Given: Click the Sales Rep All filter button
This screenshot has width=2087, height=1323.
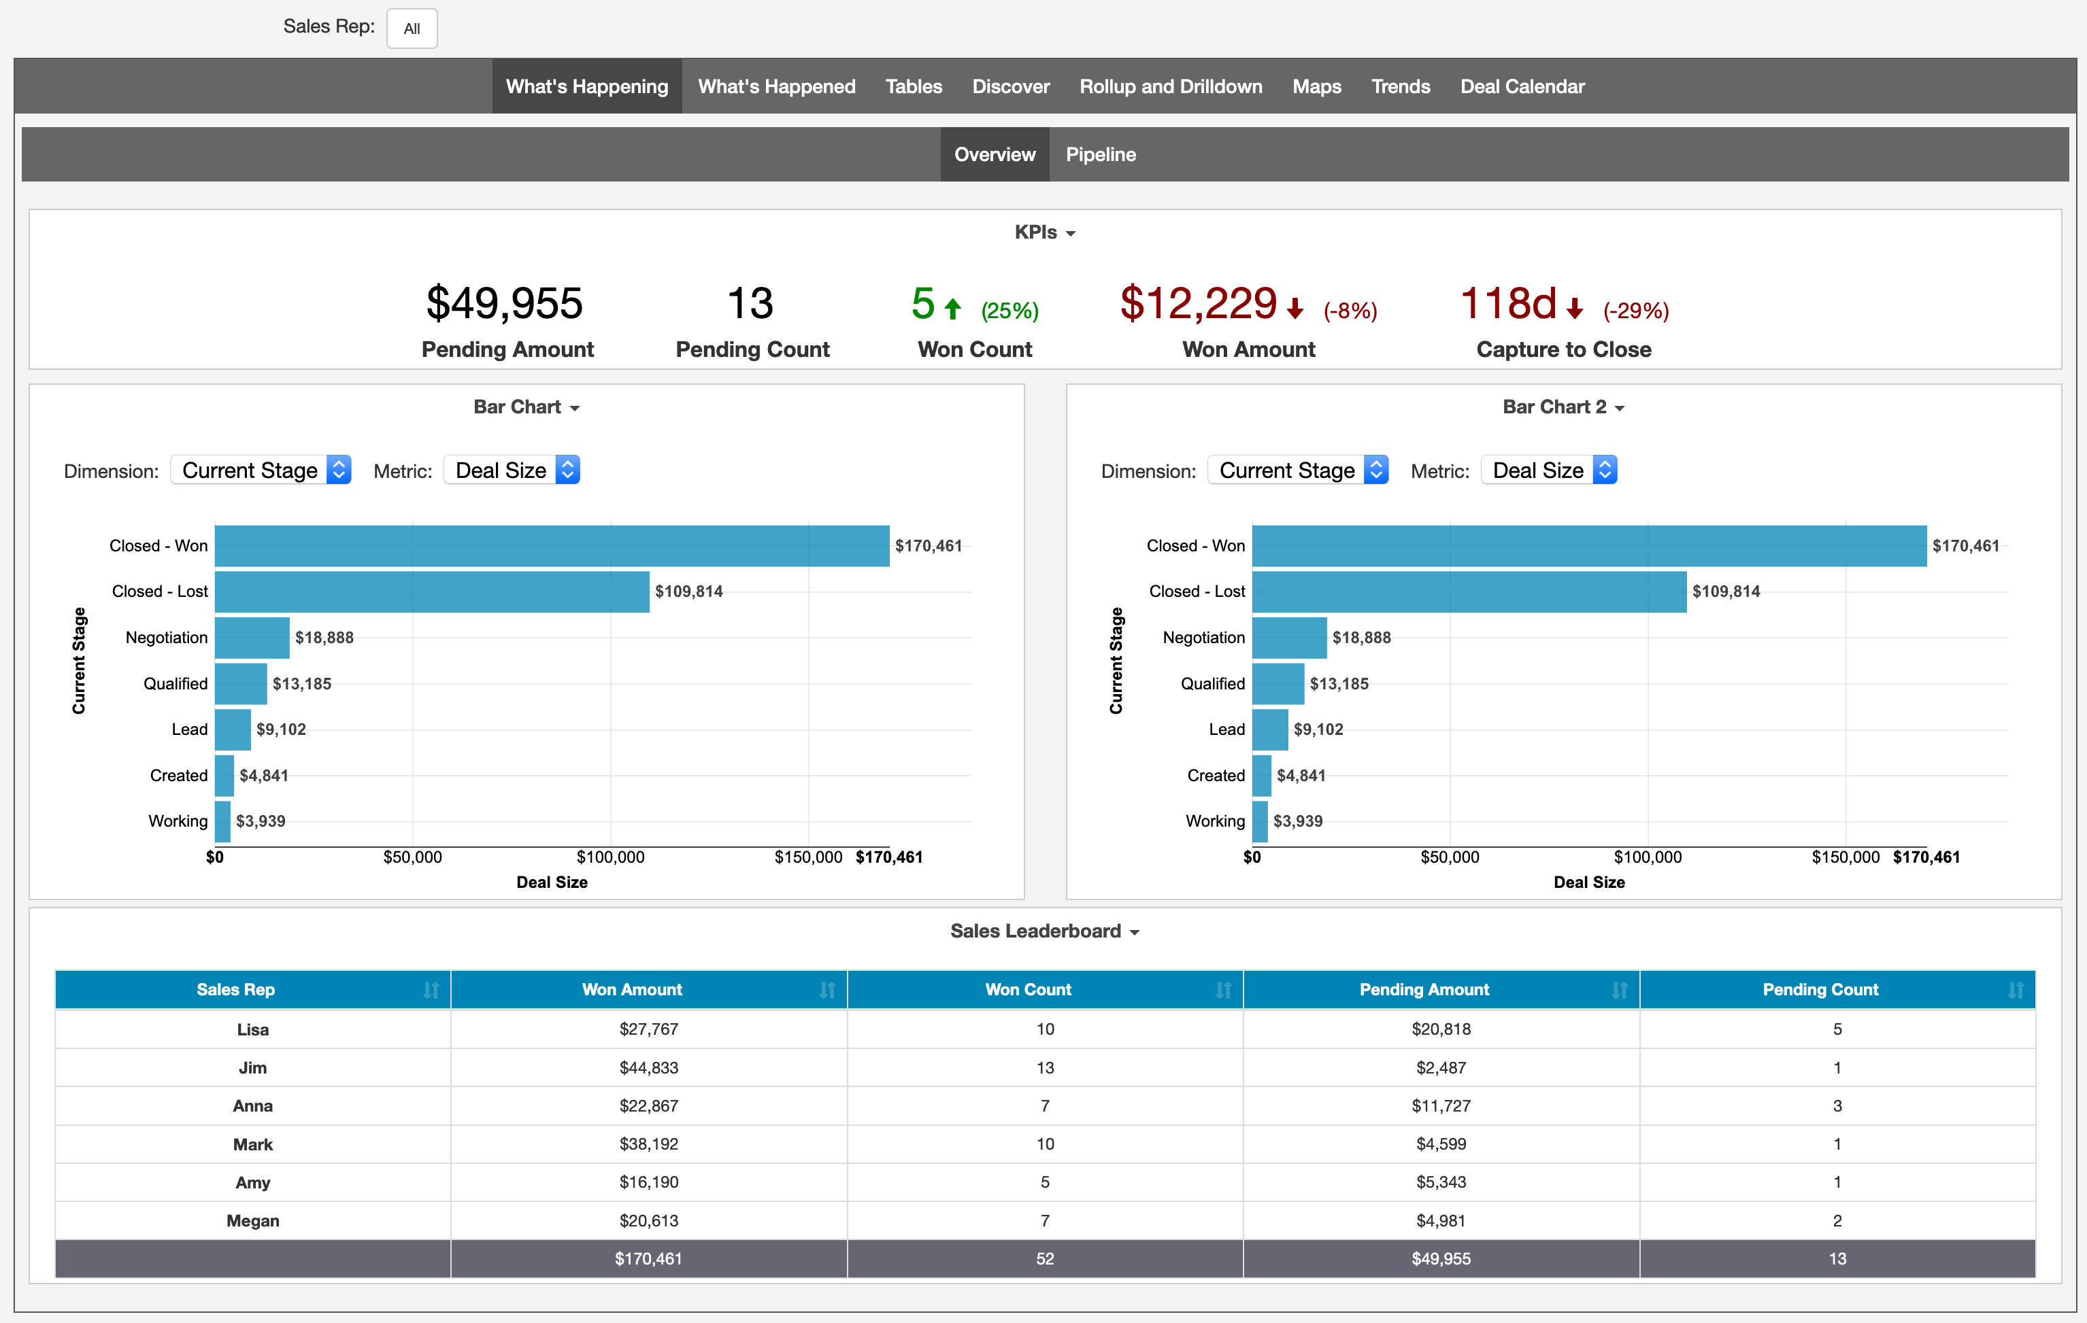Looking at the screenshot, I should pos(412,29).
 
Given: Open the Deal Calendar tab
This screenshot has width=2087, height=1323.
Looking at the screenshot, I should pos(1522,86).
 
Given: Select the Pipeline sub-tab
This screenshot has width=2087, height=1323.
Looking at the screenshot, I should pos(1100,154).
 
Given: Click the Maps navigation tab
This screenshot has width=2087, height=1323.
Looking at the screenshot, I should pos(1316,86).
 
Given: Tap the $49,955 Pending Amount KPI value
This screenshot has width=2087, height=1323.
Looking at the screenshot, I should pos(505,303).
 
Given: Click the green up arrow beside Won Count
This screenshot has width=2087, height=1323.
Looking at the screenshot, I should pos(952,309).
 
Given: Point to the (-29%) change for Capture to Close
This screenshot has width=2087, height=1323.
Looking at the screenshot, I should pos(1635,310).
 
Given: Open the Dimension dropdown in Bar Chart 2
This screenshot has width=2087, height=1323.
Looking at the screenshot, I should pos(1297,470).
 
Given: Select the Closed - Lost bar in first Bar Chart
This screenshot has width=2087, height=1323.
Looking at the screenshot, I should pos(431,591).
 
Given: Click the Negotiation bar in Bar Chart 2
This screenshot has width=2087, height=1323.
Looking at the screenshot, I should pos(1289,638).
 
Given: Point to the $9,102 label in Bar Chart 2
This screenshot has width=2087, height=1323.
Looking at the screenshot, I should pos(1318,729).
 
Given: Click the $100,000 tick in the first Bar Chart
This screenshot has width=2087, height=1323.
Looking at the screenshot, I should pos(610,857).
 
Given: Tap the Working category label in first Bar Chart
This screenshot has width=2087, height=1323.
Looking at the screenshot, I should pos(178,821).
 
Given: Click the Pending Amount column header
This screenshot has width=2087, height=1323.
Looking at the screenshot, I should pos(1423,989).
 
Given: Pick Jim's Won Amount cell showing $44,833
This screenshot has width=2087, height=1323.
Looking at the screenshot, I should pos(648,1067).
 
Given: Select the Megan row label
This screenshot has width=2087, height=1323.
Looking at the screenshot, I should pos(252,1221).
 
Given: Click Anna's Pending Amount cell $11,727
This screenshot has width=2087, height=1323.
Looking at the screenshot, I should pos(1441,1105).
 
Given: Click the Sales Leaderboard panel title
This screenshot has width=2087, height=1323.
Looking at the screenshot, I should pos(1036,931).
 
